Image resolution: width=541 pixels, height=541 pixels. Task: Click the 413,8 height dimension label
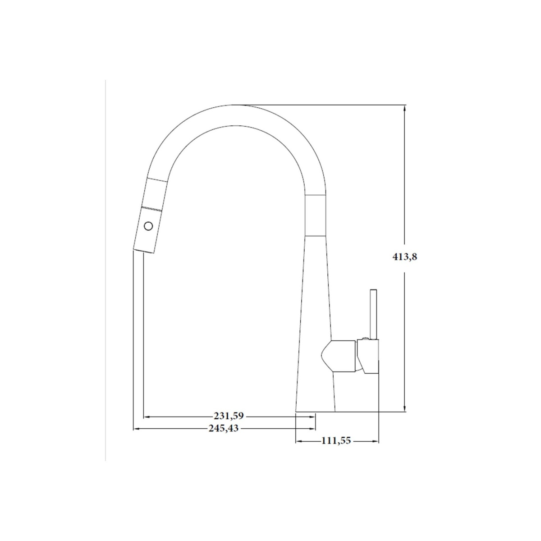coord(404,257)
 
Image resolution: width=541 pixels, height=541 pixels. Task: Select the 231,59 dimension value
coord(229,416)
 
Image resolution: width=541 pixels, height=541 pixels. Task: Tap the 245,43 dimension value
coord(224,428)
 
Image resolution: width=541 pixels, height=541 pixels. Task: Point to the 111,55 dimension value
coord(336,441)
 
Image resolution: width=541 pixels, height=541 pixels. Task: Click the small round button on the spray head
coord(148,225)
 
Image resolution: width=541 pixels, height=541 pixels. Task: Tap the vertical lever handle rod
coord(373,315)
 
